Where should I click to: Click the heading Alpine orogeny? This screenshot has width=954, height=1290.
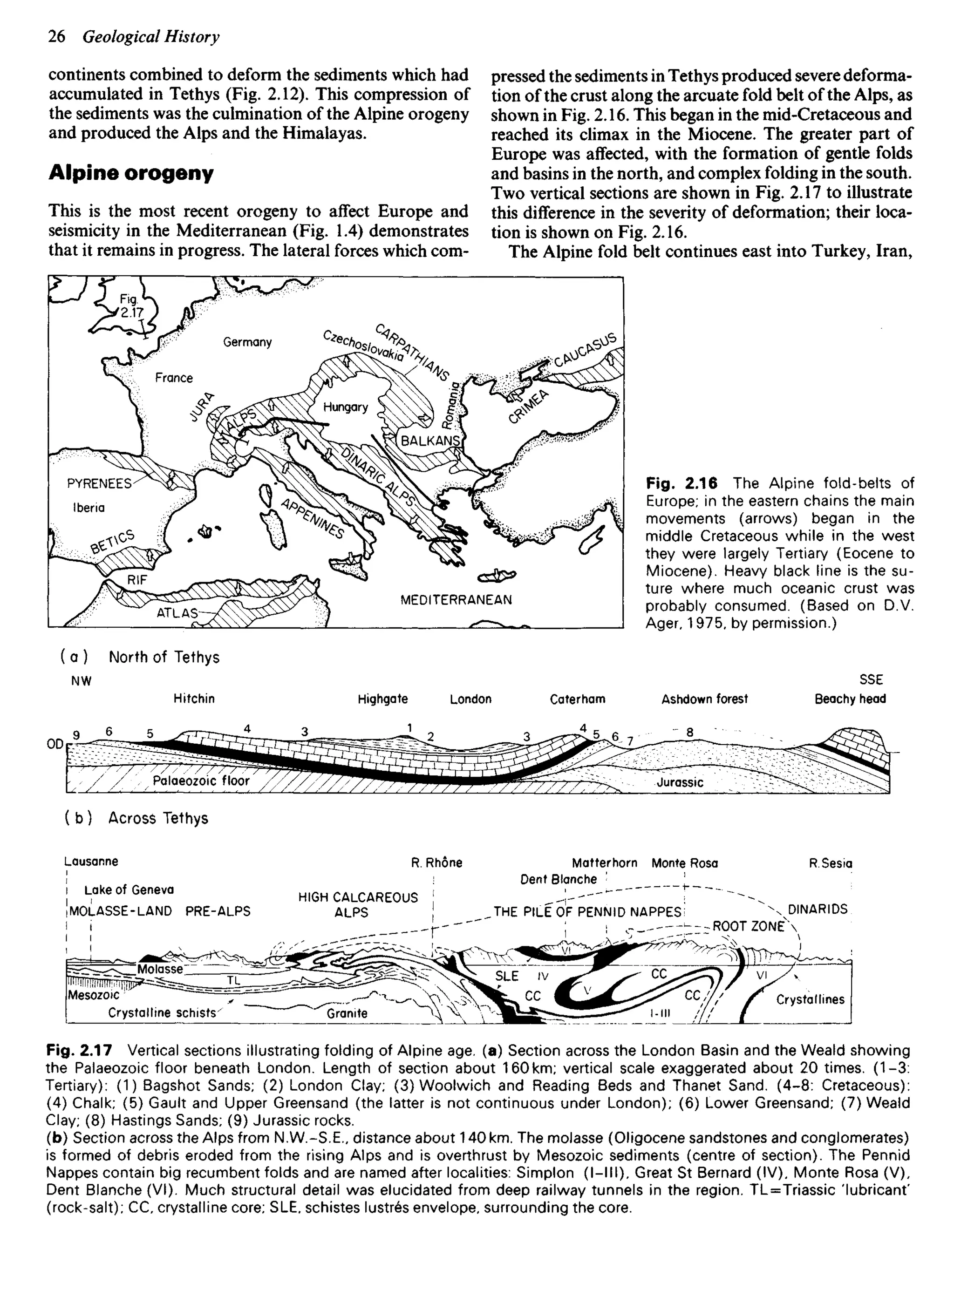[x=131, y=173]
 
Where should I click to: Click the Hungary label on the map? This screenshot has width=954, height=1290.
[x=345, y=407]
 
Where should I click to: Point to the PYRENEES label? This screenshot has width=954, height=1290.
[x=99, y=484]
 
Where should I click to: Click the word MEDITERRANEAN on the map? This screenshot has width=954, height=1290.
[x=456, y=600]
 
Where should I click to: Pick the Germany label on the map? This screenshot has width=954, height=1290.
[x=247, y=342]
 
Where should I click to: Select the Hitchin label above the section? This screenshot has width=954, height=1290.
[x=194, y=699]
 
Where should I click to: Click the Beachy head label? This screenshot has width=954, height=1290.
[x=850, y=699]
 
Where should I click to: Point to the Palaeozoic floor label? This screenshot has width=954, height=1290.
[x=201, y=781]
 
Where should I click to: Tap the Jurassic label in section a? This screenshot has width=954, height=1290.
[x=680, y=783]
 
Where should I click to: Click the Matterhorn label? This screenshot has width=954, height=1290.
[x=605, y=863]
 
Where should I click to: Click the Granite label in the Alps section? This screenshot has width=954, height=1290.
[x=347, y=1013]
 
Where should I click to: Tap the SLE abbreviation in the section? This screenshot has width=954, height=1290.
[x=507, y=976]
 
